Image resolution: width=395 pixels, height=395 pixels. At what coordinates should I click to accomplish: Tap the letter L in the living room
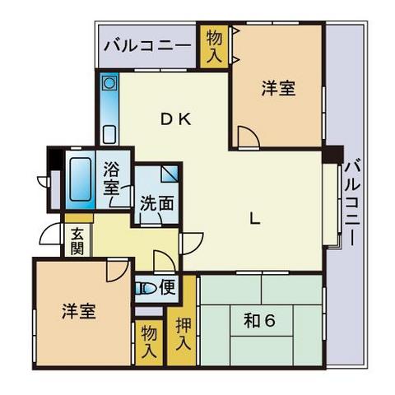point(256,219)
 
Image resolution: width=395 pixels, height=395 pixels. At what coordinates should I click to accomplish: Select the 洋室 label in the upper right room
point(280,88)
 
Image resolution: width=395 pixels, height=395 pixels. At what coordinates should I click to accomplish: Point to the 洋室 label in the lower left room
point(79,312)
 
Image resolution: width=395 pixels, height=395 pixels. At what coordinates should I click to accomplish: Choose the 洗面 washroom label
point(156,203)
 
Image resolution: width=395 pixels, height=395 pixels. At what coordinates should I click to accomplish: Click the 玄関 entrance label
point(77,240)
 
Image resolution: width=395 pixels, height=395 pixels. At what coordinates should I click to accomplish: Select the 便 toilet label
point(167,287)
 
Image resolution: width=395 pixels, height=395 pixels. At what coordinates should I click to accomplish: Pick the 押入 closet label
point(183,333)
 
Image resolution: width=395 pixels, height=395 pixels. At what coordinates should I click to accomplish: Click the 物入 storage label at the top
point(214,47)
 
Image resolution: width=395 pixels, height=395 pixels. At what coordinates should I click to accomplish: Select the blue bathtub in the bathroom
point(80,181)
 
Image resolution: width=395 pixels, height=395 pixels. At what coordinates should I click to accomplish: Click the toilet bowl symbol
point(145,288)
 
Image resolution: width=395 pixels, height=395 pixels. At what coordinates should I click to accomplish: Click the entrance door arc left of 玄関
point(51,235)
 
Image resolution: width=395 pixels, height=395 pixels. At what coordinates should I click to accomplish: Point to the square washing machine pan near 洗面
point(169,175)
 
